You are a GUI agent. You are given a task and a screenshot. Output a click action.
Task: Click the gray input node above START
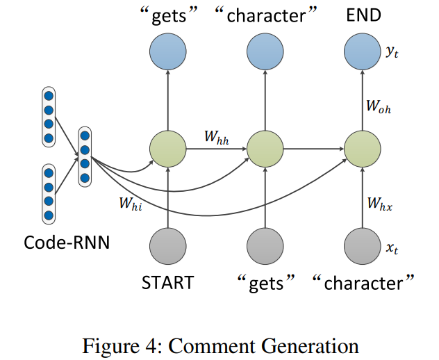coord(167,245)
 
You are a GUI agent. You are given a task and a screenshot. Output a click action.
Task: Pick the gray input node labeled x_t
coord(362,245)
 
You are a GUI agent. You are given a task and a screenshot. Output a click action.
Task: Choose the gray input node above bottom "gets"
coord(265,245)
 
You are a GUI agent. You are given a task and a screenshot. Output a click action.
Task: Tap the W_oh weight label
coord(379,106)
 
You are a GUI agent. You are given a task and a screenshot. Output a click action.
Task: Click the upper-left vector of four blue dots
coord(49,117)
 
